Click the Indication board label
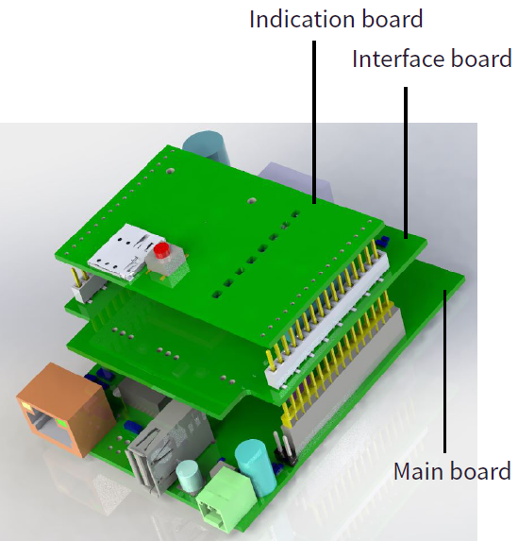pyautogui.click(x=336, y=19)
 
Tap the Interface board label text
pyautogui.click(x=432, y=59)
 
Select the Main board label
pyautogui.click(x=452, y=471)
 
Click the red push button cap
pyautogui.click(x=161, y=250)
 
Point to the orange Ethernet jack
pyautogui.click(x=65, y=409)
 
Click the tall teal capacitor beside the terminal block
pyautogui.click(x=256, y=465)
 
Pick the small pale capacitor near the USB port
pyautogui.click(x=189, y=476)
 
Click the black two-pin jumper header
pyautogui.click(x=286, y=448)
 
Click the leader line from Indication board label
pyautogui.click(x=314, y=122)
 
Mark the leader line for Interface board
pyautogui.click(x=406, y=162)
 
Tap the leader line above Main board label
pyautogui.click(x=445, y=371)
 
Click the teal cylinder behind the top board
pyautogui.click(x=207, y=145)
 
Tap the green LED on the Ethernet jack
pyautogui.click(x=61, y=422)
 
